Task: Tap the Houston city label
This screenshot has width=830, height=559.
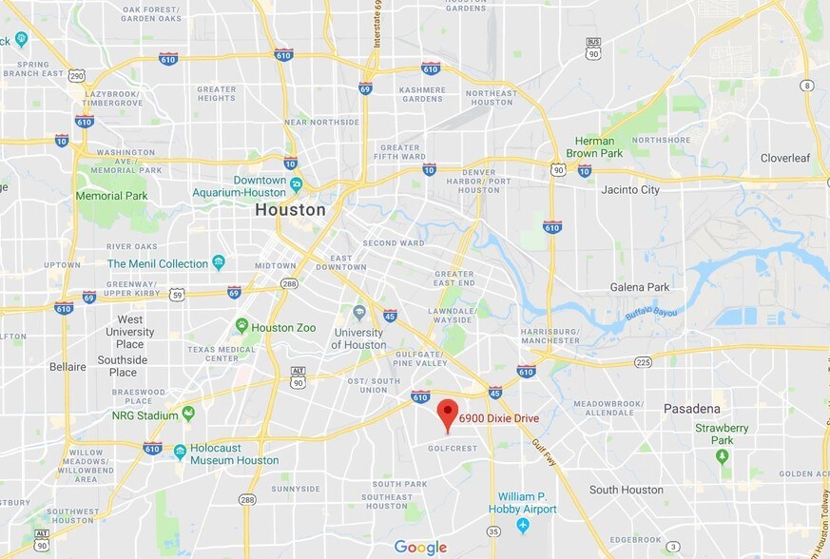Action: tap(290, 210)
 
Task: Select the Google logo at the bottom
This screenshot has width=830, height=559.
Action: tap(420, 547)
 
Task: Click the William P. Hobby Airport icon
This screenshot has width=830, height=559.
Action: tap(522, 525)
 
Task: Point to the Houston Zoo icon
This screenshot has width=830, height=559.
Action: tap(241, 326)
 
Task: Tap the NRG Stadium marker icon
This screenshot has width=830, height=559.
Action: tap(188, 414)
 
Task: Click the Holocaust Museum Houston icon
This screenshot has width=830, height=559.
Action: tap(180, 451)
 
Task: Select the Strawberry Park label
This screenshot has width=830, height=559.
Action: tap(722, 434)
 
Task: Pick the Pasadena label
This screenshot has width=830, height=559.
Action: tap(691, 409)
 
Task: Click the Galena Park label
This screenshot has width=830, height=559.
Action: tap(639, 287)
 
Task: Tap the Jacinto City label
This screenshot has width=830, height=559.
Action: tap(630, 190)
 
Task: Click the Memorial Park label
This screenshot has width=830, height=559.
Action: tap(111, 196)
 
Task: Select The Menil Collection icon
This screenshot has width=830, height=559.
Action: tap(220, 262)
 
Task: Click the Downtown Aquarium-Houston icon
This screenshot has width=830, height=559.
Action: tap(297, 183)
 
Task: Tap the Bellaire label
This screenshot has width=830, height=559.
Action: tap(67, 366)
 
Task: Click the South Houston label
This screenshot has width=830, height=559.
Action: tap(626, 490)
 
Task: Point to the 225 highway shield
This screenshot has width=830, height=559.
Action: tap(643, 362)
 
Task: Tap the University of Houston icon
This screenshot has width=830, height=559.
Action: tap(358, 312)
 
